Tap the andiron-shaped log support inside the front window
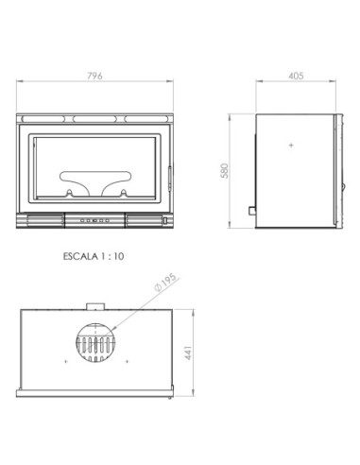[x=94, y=182]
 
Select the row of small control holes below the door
[x=94, y=220]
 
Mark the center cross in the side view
[x=291, y=146]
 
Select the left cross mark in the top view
[x=64, y=363]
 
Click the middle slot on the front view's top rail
[x=94, y=118]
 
